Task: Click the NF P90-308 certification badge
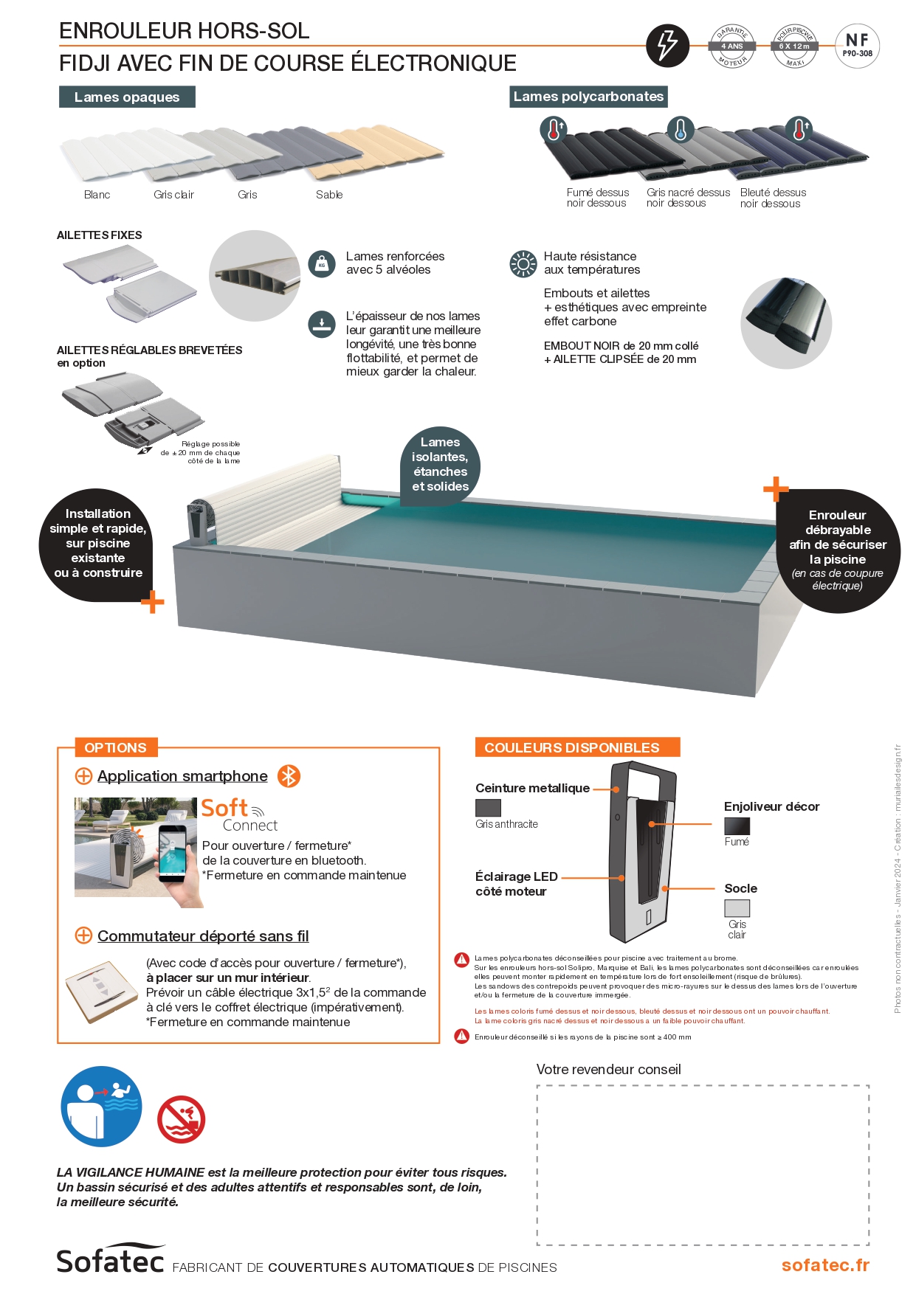pos(857,46)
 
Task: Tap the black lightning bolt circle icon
pos(667,45)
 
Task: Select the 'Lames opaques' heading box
pos(127,97)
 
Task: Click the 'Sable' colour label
pos(329,195)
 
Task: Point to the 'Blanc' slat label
pos(97,195)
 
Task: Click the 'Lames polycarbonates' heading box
pos(588,97)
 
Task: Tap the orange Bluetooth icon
pos(289,776)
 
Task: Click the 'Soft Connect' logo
pos(240,815)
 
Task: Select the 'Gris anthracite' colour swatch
pos(488,808)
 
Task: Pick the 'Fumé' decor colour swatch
pos(737,826)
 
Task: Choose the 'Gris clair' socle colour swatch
pos(737,908)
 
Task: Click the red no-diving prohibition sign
pos(181,1119)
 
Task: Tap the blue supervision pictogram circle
pos(101,1106)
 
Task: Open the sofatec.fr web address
pos(825,1265)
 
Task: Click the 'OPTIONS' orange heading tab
pos(115,747)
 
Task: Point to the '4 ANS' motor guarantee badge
pos(732,46)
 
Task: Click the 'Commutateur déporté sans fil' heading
pos(203,936)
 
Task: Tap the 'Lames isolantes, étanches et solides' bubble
pos(441,464)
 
